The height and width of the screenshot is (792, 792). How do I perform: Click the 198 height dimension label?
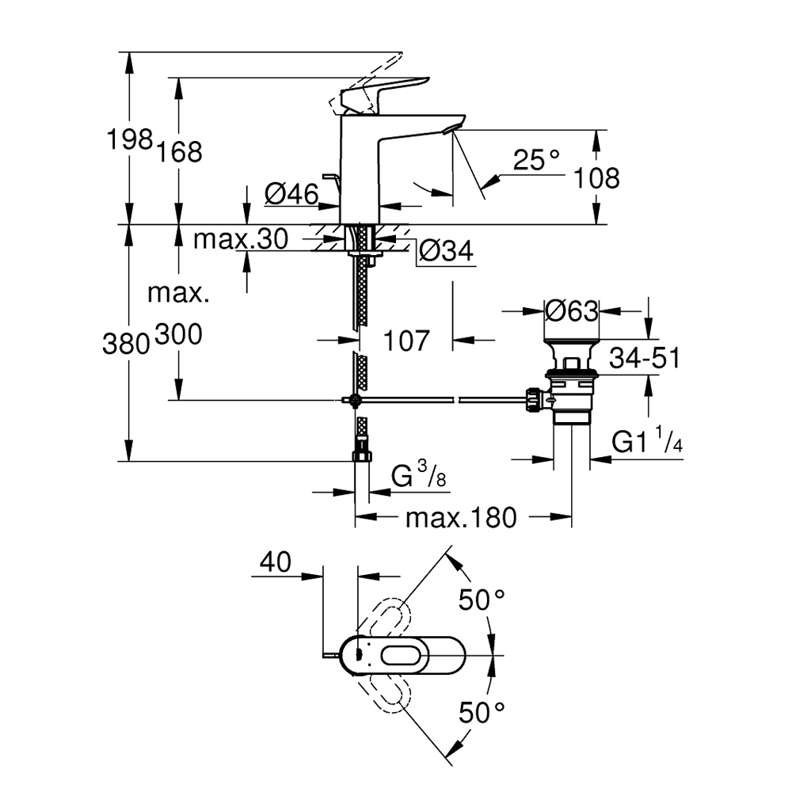coord(129,142)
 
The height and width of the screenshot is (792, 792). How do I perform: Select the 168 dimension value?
coord(180,151)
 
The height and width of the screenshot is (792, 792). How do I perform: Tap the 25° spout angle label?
coord(535,161)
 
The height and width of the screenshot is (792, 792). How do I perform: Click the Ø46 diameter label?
coord(291,193)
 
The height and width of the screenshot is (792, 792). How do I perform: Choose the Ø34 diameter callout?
coord(445,251)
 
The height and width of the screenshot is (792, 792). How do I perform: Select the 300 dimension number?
coord(179,335)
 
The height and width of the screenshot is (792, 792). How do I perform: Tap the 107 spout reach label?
coord(406,341)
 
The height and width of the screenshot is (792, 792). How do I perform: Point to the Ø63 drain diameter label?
coord(571,311)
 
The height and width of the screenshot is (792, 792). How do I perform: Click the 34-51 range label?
coord(645,359)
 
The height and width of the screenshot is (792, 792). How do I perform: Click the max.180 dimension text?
coord(460,518)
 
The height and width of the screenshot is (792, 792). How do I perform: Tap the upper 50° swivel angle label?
coord(482,600)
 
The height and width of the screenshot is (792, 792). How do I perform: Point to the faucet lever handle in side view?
coord(385,89)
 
